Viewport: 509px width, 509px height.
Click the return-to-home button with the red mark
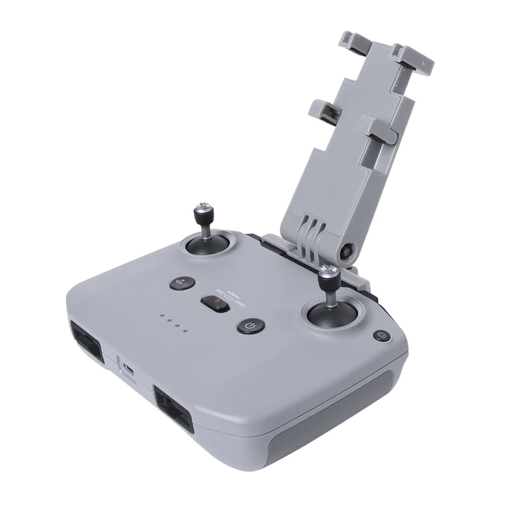click(182, 283)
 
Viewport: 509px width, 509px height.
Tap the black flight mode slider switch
click(216, 304)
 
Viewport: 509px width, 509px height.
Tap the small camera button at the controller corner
click(381, 335)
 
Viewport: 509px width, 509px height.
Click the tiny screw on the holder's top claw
click(423, 64)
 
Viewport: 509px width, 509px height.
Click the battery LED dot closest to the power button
click(186, 331)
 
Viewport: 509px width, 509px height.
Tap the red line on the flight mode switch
click(218, 304)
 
